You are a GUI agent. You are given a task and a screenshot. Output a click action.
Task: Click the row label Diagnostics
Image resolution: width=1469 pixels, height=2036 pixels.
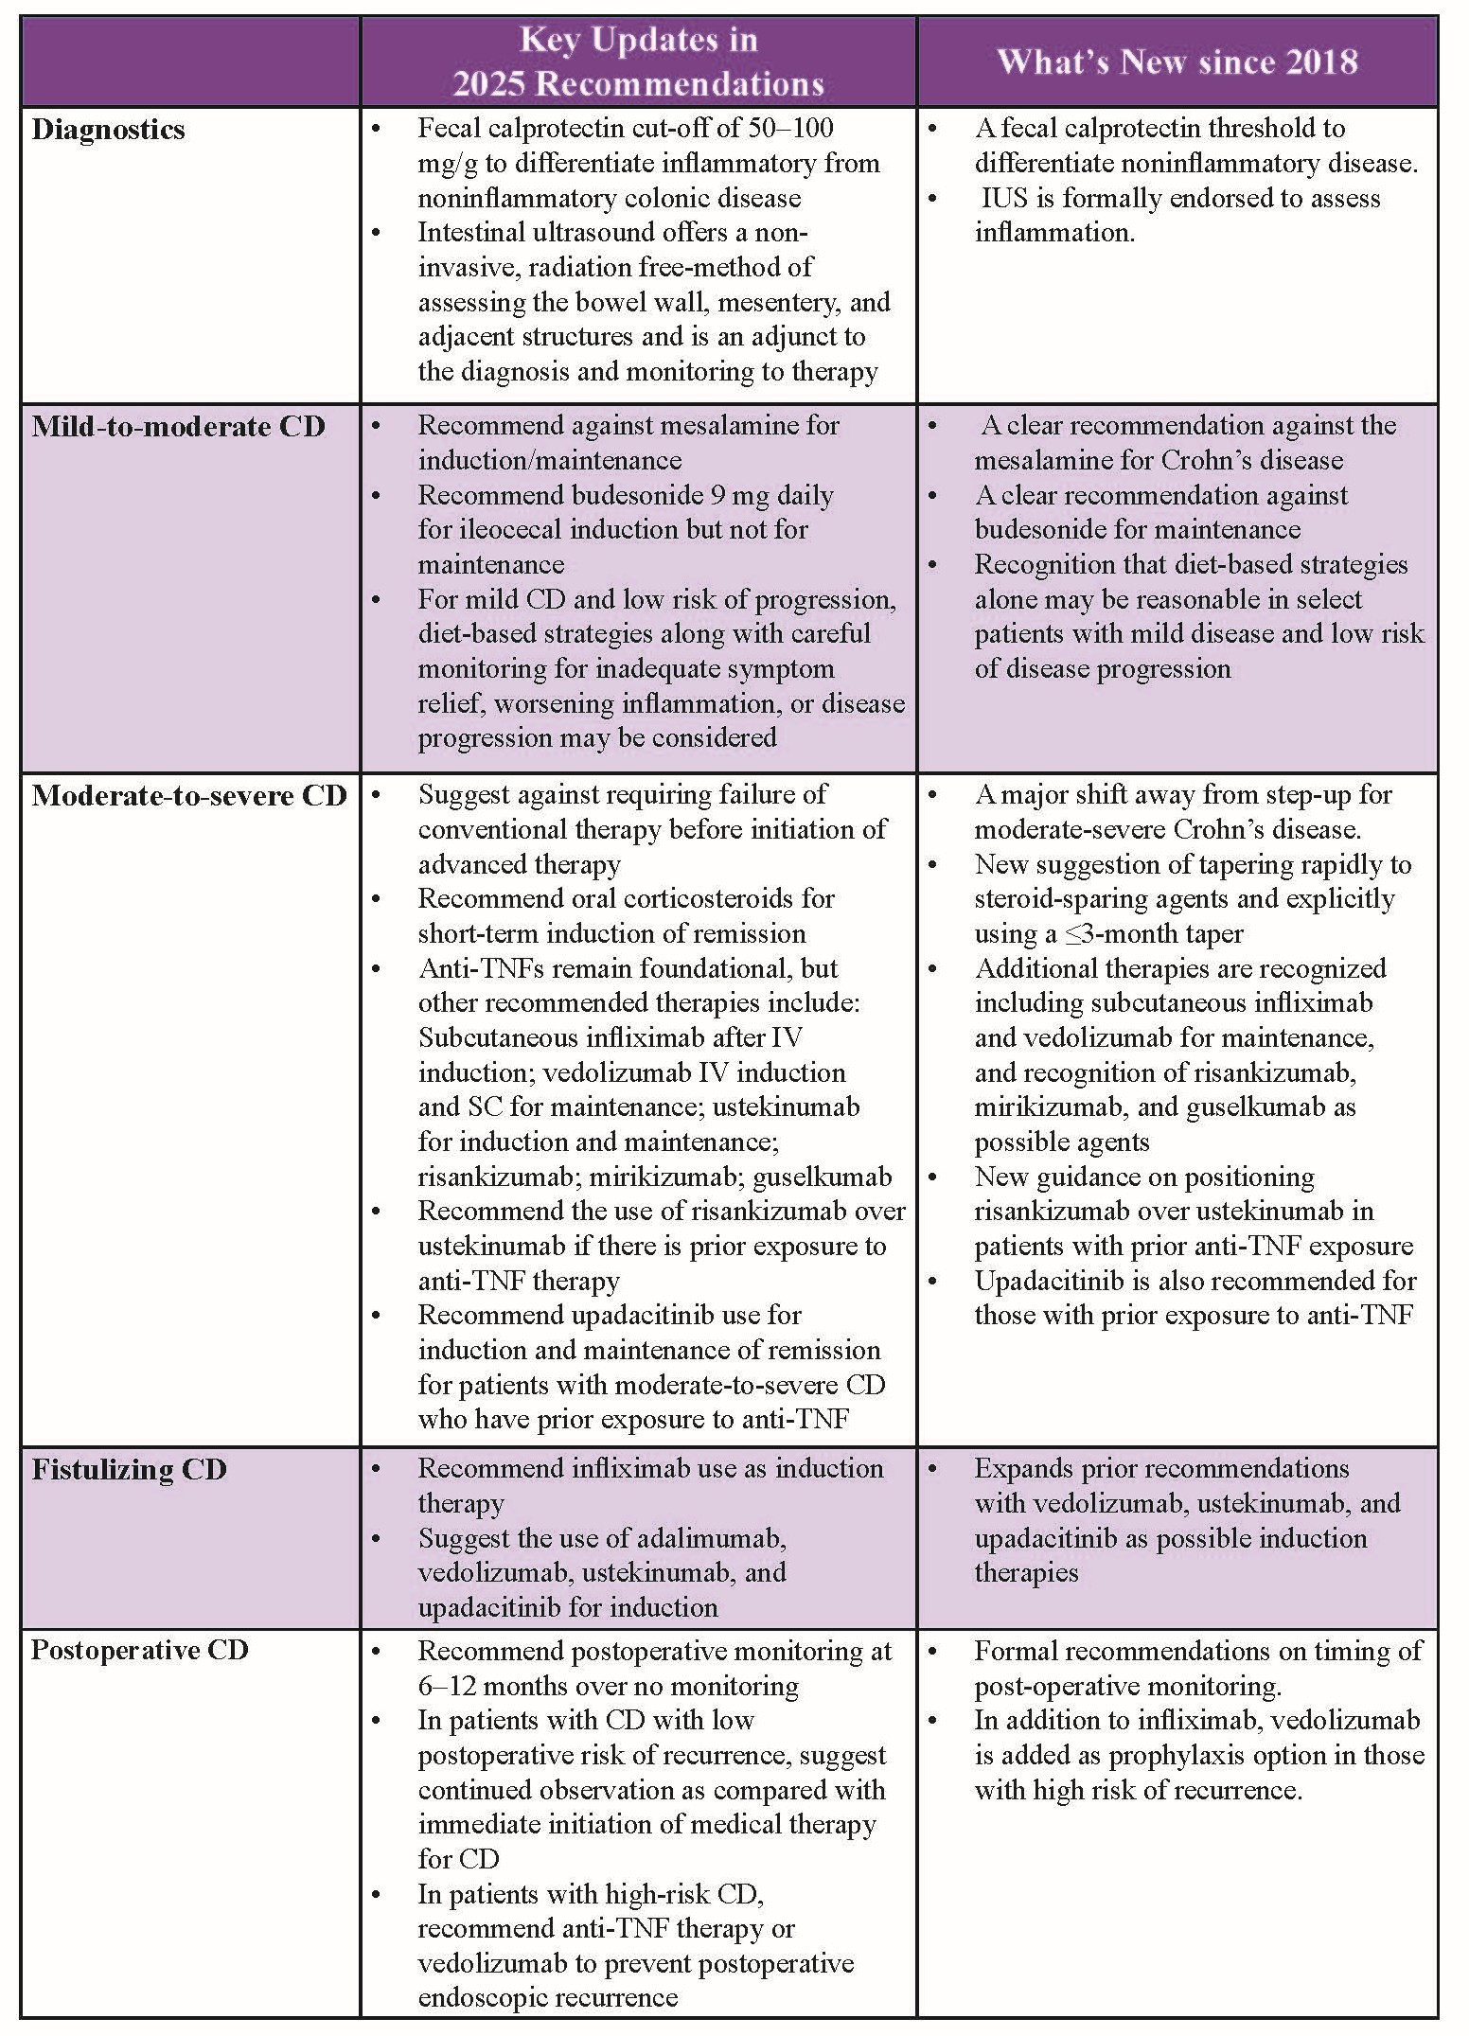click(108, 130)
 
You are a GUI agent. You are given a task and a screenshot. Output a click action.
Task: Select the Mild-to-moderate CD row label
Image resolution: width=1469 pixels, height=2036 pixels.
click(178, 427)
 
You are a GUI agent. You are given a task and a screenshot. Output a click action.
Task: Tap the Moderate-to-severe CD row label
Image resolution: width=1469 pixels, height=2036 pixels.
click(189, 796)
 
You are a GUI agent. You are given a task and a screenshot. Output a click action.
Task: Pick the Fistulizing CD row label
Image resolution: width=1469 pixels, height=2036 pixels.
click(129, 1470)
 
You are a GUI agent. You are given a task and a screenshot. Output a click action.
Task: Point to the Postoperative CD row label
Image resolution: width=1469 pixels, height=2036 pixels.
click(139, 1650)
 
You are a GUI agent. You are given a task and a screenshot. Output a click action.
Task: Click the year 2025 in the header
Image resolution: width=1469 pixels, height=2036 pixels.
click(489, 84)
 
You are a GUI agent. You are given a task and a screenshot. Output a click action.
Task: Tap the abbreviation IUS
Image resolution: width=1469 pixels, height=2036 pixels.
click(1004, 198)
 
